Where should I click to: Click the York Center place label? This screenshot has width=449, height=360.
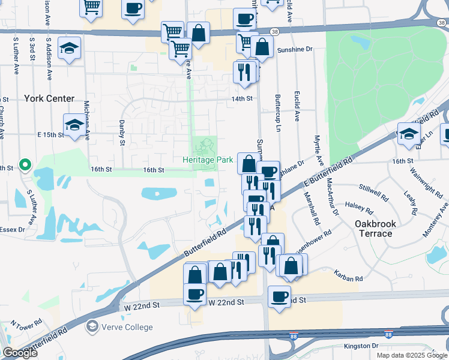point(49,98)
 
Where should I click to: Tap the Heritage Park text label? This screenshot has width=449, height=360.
point(208,160)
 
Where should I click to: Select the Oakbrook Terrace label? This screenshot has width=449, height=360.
point(375,229)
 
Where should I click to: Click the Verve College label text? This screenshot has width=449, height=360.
point(127,327)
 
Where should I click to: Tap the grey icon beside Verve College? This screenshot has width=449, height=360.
point(92,326)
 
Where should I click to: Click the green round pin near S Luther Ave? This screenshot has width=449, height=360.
point(25,164)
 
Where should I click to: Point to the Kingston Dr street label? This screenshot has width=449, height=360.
point(361,346)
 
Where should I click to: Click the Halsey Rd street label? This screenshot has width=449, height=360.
point(359,205)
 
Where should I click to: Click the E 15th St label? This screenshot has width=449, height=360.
point(50,135)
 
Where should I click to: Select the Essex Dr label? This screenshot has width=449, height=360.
point(11,229)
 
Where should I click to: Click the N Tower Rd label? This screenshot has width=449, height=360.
point(26,322)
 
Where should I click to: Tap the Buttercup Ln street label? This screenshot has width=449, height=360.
point(278,113)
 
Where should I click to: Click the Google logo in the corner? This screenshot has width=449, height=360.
point(20,353)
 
